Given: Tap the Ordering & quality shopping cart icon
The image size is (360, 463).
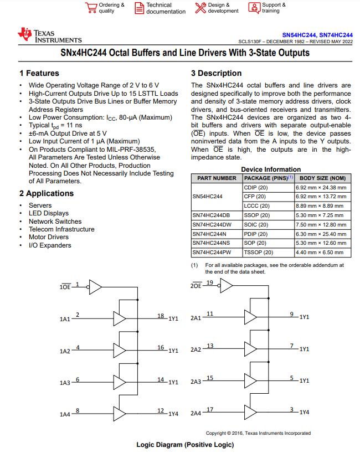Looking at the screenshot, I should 91,7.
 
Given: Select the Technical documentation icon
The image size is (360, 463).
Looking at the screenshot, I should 140,8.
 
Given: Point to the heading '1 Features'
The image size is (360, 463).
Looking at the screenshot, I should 39,73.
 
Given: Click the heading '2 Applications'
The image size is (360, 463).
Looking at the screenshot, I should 46,193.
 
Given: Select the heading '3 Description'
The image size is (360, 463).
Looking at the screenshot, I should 216,73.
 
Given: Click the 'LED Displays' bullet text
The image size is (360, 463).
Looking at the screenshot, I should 49,213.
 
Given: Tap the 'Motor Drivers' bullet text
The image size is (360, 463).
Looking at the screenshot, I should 49,237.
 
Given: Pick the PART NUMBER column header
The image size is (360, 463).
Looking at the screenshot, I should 217,178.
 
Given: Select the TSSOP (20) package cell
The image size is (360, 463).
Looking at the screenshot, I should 258,253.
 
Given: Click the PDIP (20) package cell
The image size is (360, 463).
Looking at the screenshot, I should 256,234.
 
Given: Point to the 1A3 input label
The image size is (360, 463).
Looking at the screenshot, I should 65,383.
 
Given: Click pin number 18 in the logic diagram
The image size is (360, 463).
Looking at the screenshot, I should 161,316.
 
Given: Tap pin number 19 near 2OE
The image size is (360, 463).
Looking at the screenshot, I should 209,282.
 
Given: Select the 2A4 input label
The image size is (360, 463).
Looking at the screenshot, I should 196,413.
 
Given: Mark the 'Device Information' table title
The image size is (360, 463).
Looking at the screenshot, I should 271,169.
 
